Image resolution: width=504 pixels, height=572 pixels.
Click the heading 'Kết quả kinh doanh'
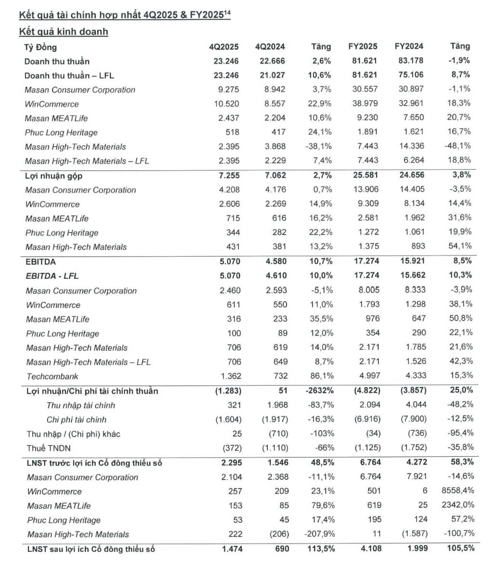(x=63, y=32)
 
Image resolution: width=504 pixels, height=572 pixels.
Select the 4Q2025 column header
(x=224, y=47)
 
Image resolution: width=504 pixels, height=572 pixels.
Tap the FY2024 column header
(x=409, y=46)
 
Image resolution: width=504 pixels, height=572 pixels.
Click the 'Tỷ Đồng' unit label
(x=40, y=47)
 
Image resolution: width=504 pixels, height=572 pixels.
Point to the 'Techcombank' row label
(x=52, y=377)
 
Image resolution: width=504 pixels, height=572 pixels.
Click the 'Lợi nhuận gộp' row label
(x=53, y=176)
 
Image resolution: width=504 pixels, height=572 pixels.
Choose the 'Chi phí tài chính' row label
(x=76, y=419)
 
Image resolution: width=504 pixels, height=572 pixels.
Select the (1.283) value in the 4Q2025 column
(x=228, y=390)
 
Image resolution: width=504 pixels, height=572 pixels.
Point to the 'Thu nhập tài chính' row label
(x=81, y=405)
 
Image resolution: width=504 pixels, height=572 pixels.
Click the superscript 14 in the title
(x=227, y=13)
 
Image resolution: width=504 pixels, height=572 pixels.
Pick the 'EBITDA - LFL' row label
(x=52, y=276)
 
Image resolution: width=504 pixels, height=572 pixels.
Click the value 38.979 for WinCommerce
(x=365, y=104)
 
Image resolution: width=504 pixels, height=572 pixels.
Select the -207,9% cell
(x=319, y=534)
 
